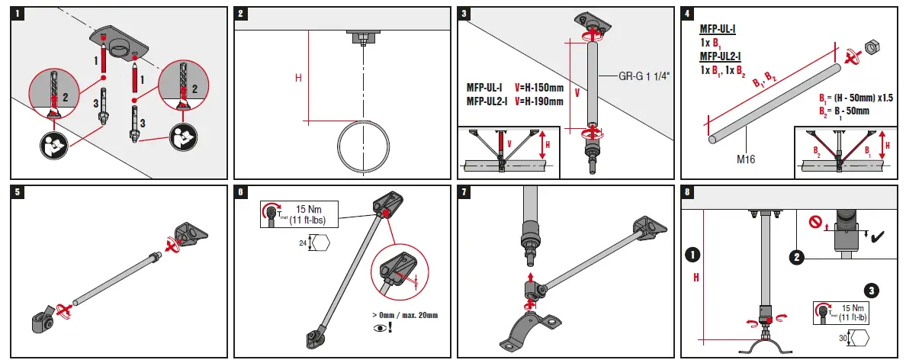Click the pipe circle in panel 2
364,145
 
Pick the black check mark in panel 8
876,238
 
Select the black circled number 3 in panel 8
872,290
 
